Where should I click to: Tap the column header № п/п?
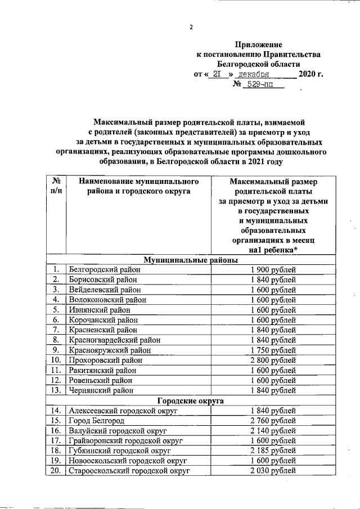[x=56, y=186]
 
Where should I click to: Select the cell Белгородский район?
[x=104, y=270]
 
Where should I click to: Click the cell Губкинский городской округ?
[x=118, y=451]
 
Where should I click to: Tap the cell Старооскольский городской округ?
[x=128, y=471]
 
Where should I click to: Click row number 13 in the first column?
[x=56, y=390]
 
